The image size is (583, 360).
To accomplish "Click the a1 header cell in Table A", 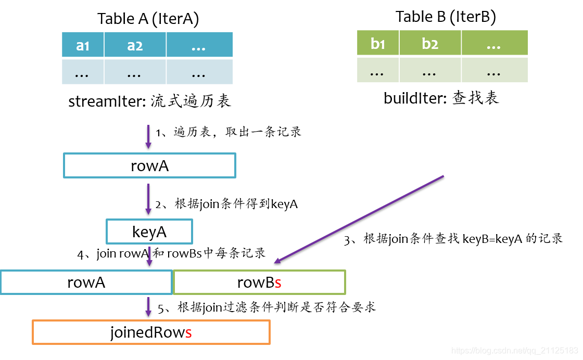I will point(83,45).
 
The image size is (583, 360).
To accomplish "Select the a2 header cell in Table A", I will point(135,45).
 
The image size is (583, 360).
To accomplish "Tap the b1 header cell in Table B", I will point(378,43).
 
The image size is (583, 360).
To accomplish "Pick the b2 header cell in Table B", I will point(430,43).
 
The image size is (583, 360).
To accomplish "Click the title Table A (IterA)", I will point(148,19).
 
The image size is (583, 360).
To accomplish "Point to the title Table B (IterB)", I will point(446,17).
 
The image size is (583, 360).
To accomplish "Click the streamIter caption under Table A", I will point(149,101).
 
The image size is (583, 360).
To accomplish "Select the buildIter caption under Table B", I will point(441,98).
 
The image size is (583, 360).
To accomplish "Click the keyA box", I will point(149,232).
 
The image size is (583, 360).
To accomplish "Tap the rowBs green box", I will point(259,282).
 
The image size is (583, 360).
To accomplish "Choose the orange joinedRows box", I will point(151,332).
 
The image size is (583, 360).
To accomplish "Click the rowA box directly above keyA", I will point(149,165).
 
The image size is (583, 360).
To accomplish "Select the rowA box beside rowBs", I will point(86,282).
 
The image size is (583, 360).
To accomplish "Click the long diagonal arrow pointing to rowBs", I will point(359,218).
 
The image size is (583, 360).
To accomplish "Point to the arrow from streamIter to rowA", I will point(148,137).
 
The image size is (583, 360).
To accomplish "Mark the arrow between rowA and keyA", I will point(148,200).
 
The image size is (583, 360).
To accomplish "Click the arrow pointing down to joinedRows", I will point(148,307).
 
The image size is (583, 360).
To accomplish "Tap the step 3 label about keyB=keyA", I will point(453,239).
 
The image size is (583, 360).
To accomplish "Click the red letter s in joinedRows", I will point(188,332).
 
